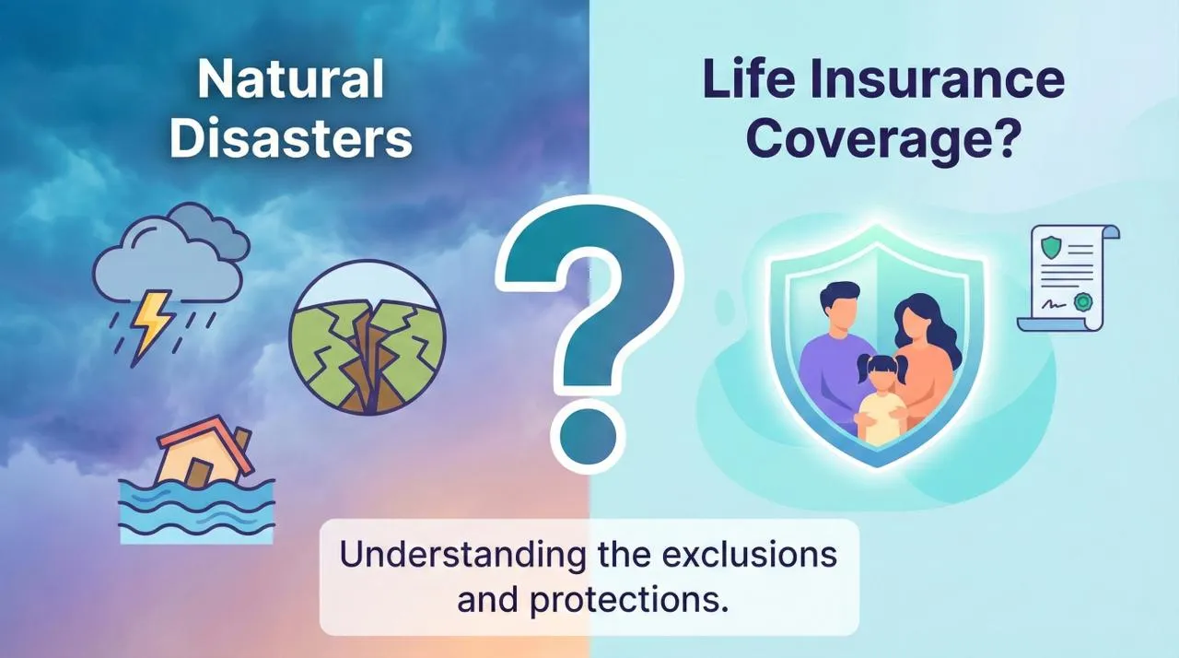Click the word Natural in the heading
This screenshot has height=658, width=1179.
291,80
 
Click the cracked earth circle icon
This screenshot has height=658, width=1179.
367,341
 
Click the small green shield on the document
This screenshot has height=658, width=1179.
1050,248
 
